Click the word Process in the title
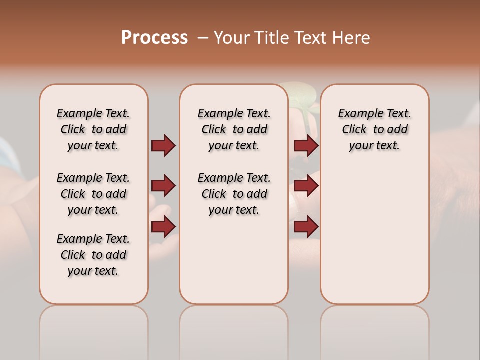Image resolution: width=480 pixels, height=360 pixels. tap(154, 38)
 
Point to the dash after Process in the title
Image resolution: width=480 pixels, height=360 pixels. tap(203, 38)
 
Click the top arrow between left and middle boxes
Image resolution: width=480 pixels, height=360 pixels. tap(163, 145)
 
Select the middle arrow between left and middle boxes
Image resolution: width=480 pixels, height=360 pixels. tap(163, 186)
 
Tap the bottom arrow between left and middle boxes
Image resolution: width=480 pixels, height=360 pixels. tap(163, 227)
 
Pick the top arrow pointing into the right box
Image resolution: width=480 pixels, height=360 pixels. tap(306, 145)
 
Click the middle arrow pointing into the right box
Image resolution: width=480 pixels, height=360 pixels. tap(306, 186)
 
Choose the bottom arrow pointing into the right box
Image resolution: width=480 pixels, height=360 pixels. tap(306, 227)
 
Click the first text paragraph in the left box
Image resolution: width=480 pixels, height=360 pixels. tap(93, 129)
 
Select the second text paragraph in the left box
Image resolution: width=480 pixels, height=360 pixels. tap(93, 194)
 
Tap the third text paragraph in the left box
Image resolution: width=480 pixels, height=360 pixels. tap(93, 255)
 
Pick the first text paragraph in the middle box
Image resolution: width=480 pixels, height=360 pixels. tap(234, 129)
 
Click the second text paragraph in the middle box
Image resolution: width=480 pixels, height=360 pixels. tap(234, 194)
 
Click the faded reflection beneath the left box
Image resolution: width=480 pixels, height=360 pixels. tap(94, 325)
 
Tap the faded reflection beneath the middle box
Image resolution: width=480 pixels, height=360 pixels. tap(234, 325)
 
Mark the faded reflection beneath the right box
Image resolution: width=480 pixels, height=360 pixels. tap(375, 325)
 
